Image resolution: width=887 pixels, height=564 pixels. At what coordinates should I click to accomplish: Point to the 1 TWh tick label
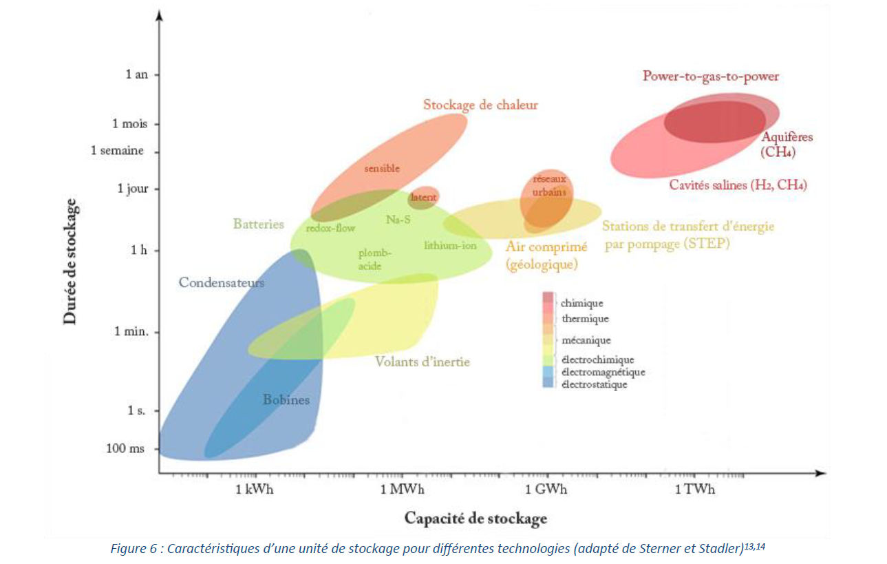pyautogui.click(x=694, y=490)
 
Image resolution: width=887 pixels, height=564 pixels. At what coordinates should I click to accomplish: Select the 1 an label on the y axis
pyautogui.click(x=137, y=74)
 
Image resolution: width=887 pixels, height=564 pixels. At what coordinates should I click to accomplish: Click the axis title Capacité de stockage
pyautogui.click(x=475, y=519)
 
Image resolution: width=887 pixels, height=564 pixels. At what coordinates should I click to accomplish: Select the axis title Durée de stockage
pyautogui.click(x=70, y=261)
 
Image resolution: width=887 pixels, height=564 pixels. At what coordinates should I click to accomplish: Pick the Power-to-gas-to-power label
pyautogui.click(x=711, y=76)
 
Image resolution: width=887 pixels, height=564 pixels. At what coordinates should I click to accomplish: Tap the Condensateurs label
pyautogui.click(x=222, y=282)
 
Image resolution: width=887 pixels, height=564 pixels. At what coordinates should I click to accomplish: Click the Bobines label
pyautogui.click(x=286, y=400)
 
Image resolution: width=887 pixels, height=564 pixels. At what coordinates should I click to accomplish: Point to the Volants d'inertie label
pyautogui.click(x=423, y=362)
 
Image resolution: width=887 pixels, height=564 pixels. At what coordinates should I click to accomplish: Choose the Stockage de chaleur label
pyautogui.click(x=480, y=105)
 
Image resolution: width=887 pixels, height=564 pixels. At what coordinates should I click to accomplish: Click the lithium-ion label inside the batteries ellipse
pyautogui.click(x=450, y=246)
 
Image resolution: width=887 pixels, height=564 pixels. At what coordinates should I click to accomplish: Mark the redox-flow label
pyautogui.click(x=330, y=228)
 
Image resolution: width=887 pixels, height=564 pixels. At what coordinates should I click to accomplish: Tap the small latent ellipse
pyautogui.click(x=423, y=197)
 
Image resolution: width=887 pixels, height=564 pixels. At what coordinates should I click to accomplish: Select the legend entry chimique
pyautogui.click(x=582, y=303)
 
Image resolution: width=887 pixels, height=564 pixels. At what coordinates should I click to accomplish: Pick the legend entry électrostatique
pyautogui.click(x=594, y=385)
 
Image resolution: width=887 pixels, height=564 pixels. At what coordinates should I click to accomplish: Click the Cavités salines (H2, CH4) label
pyautogui.click(x=738, y=185)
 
